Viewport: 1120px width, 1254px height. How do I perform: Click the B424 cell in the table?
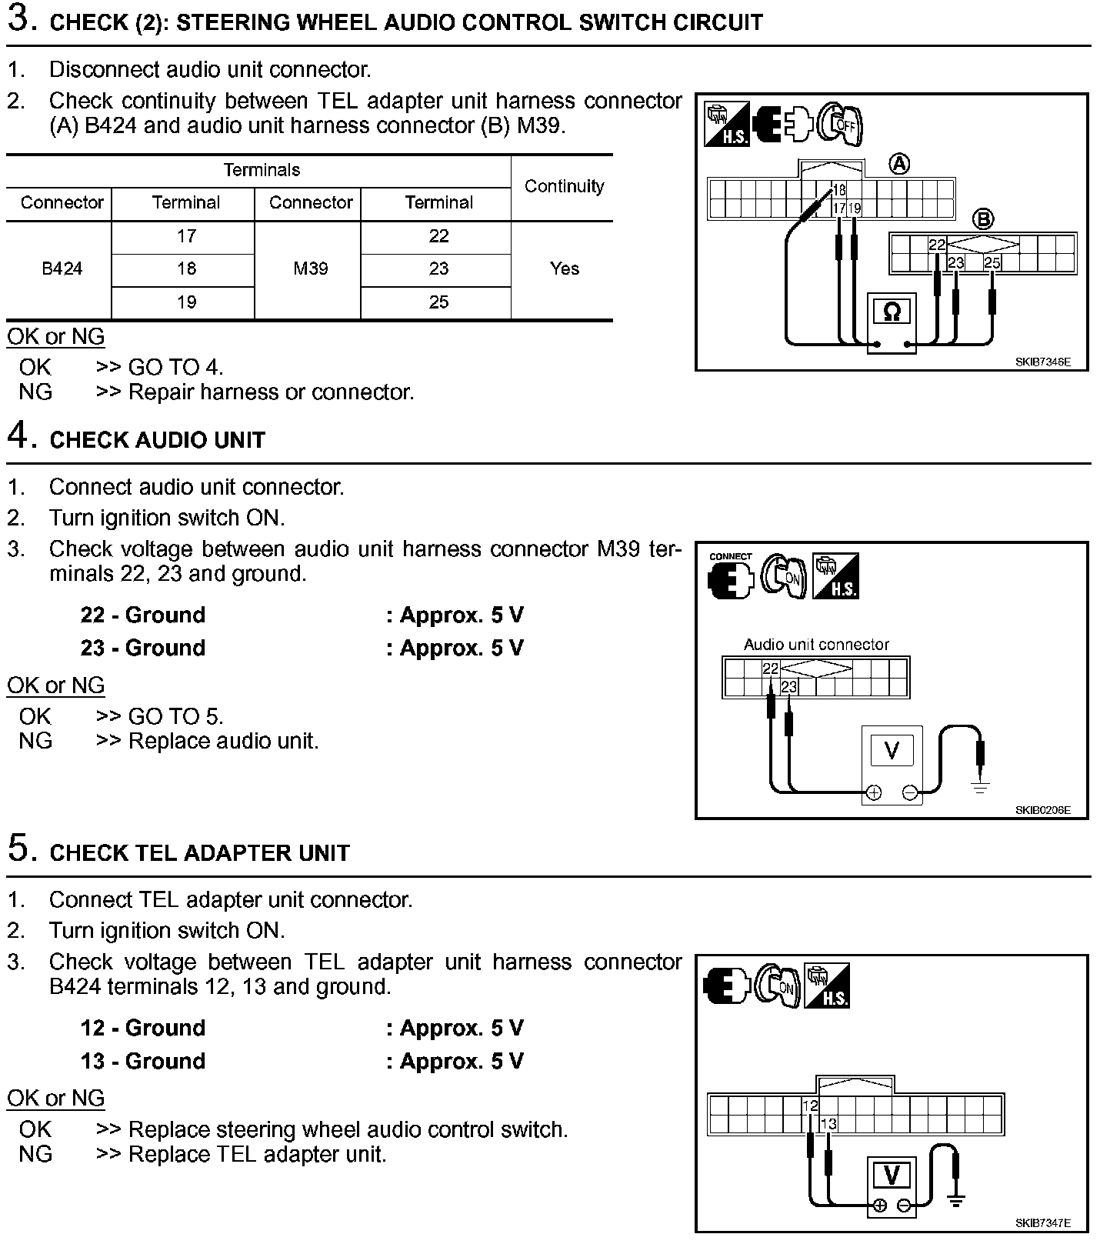(62, 268)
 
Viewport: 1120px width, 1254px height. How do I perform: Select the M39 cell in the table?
(311, 268)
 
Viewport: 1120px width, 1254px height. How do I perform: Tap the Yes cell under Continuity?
(564, 268)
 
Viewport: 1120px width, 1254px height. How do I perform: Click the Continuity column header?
(564, 186)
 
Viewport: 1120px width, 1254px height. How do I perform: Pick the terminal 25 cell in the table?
(438, 302)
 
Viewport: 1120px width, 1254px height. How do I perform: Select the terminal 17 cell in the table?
(186, 236)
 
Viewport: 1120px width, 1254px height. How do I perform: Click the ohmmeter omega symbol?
(892, 312)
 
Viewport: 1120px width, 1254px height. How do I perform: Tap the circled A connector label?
(898, 164)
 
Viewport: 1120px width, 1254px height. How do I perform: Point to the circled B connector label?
(983, 219)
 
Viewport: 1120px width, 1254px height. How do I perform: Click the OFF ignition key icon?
(840, 123)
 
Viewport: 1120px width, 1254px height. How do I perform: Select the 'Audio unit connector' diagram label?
(816, 645)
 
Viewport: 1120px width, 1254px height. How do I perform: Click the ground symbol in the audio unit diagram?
(979, 786)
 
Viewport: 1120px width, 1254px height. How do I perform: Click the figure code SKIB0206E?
(1042, 810)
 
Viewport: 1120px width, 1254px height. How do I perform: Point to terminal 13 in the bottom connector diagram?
(828, 1124)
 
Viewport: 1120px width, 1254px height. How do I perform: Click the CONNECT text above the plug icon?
(730, 556)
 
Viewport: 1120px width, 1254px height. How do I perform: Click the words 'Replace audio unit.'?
(223, 741)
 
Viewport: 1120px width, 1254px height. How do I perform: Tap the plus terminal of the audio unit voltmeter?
(874, 792)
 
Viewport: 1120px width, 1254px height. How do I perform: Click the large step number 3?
(22, 19)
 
